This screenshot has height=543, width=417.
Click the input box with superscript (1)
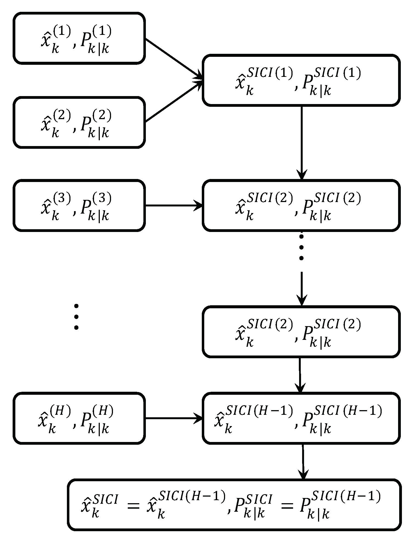point(79,38)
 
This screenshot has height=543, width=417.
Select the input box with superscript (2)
point(79,122)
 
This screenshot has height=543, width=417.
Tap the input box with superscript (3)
point(79,206)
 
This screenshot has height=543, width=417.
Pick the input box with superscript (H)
point(79,418)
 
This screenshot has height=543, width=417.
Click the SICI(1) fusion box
point(301,80)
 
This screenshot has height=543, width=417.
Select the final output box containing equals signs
point(234,505)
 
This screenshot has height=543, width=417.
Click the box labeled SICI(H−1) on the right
point(301,418)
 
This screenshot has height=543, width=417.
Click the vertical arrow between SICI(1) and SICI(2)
point(301,143)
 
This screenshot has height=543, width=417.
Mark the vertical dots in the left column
point(76,317)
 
